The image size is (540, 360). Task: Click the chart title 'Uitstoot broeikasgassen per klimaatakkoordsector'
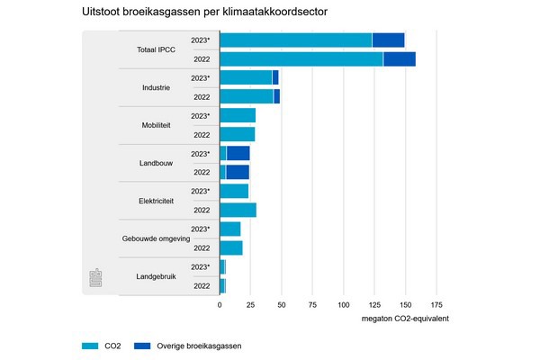point(203,13)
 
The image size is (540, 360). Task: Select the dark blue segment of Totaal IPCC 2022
point(400,59)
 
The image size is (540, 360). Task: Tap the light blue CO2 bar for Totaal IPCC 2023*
point(295,40)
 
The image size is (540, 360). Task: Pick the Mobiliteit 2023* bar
point(238,115)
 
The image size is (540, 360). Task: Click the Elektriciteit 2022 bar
point(238,210)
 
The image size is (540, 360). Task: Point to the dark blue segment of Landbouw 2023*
point(238,153)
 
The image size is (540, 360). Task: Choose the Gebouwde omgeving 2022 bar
point(231,247)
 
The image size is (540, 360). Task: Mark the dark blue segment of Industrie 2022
point(277,96)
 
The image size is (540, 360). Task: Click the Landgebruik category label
point(156,276)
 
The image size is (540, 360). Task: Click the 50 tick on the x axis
point(282,305)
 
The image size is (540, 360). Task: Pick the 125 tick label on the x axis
point(374,305)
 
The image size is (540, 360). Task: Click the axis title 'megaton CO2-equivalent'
point(405,319)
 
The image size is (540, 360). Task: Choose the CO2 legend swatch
point(90,345)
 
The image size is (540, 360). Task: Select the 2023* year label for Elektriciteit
point(201,191)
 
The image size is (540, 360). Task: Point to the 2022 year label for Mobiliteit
point(202,135)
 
